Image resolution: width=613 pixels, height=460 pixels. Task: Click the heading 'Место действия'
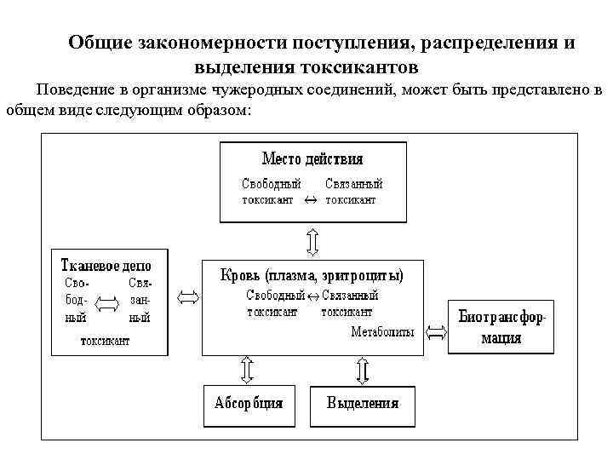312,159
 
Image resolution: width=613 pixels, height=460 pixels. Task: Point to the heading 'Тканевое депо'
110,262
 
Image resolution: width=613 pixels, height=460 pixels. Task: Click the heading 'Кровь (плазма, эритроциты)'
312,276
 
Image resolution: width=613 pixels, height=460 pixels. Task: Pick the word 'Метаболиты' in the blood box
382,332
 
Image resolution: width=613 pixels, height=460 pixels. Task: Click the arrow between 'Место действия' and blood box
312,241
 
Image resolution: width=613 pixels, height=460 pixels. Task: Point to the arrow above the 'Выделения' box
362,370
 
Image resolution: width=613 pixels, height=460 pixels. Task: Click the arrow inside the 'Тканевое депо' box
109,302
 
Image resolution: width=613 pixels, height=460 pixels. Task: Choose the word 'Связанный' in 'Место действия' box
354,184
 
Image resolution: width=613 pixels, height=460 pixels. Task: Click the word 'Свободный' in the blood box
275,296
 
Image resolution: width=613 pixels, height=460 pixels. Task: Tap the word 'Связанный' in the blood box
349,296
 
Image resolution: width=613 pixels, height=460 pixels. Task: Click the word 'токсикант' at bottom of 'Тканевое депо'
105,341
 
